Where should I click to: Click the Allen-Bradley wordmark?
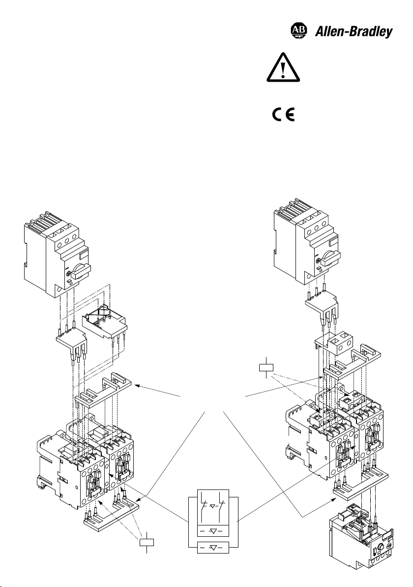[354, 32]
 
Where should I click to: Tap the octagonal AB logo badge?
[298, 31]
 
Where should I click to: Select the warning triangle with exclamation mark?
[283, 67]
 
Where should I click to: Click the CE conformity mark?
[283, 114]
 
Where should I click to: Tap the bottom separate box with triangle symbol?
[213, 547]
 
